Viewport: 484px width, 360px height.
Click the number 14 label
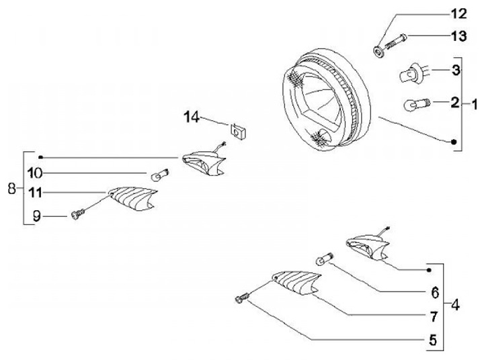point(193,118)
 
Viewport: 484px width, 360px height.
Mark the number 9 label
point(38,216)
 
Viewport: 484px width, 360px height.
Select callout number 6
point(435,293)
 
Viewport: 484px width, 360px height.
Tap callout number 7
point(435,315)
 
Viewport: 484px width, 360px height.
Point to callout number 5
point(435,339)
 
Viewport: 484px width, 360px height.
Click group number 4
point(455,305)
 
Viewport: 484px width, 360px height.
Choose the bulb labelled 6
point(322,259)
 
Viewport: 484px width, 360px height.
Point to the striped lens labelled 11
point(132,199)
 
